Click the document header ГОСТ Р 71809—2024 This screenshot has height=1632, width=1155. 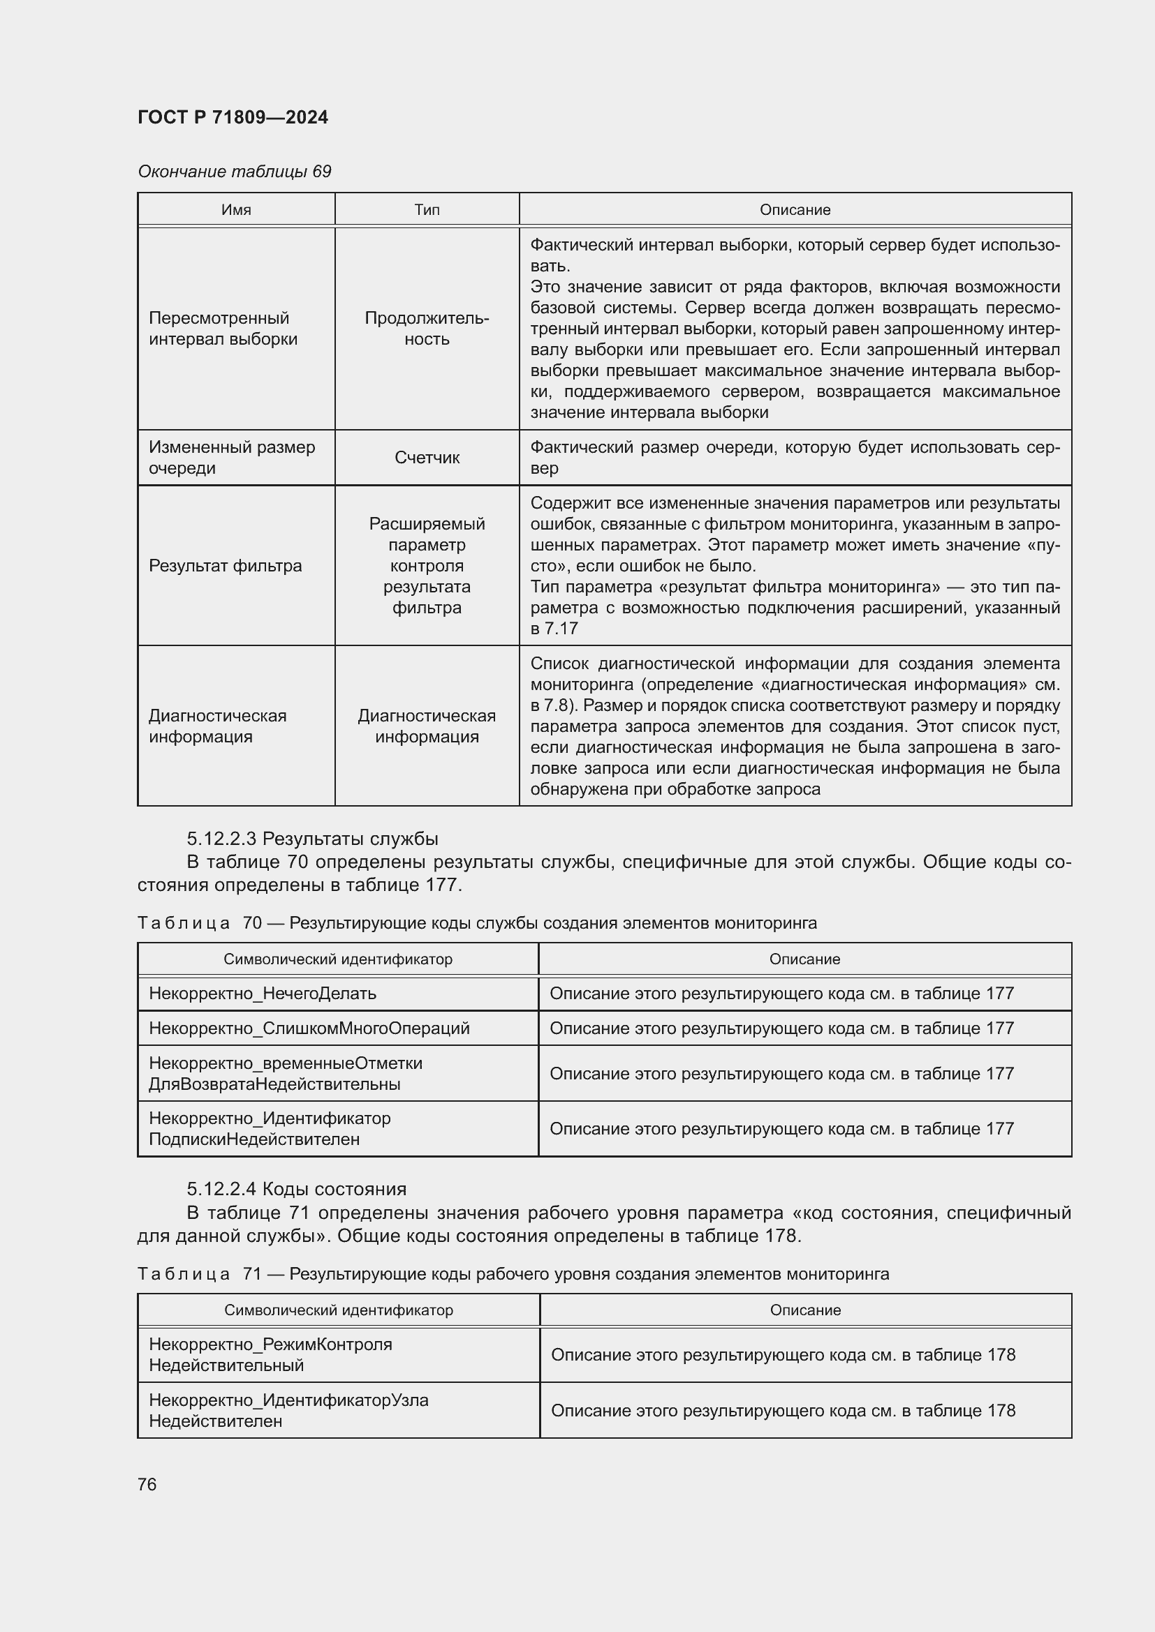coord(233,117)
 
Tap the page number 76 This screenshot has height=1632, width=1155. coord(147,1484)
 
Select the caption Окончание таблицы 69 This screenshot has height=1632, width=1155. coord(234,172)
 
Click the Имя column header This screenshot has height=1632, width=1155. coord(236,210)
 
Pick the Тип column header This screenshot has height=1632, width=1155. coord(427,210)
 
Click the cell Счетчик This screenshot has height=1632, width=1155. coord(427,458)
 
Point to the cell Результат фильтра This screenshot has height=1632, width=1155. coord(226,566)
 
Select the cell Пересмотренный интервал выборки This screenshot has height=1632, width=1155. coord(223,329)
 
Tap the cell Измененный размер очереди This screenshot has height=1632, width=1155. coord(232,458)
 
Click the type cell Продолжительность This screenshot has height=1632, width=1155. coord(427,329)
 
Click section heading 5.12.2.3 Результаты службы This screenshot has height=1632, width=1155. coord(312,839)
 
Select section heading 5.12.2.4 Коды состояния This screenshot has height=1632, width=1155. coord(296,1189)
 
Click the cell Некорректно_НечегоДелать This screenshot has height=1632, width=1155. coord(263,993)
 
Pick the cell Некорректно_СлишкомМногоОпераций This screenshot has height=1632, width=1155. coord(309,1028)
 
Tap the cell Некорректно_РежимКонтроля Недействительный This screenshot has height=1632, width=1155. coord(270,1355)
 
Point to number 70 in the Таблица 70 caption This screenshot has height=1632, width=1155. coord(252,923)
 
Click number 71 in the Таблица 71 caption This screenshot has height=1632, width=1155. coord(252,1274)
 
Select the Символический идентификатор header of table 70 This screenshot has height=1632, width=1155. coord(338,959)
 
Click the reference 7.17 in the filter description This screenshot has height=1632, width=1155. coord(562,629)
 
